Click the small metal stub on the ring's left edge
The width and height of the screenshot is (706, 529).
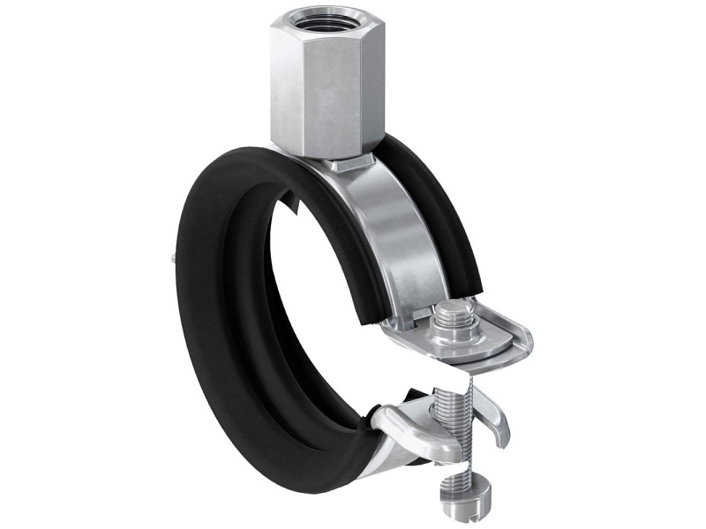[x=168, y=257]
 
